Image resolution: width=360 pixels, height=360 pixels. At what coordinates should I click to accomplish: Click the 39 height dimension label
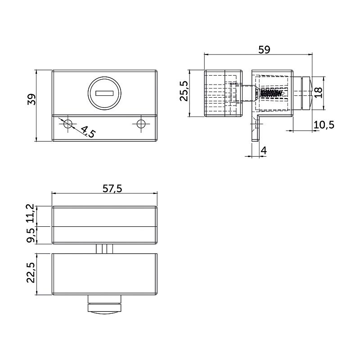tap(31, 99)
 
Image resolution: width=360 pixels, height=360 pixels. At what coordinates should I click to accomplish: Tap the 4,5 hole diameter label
tap(88, 131)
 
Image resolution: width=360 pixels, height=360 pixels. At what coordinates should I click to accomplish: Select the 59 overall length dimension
tap(264, 49)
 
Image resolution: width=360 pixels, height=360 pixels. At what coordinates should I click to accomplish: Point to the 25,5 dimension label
tap(184, 91)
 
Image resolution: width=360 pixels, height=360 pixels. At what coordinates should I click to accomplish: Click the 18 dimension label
tap(318, 93)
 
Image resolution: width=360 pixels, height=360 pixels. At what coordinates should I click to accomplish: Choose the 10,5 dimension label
tap(324, 125)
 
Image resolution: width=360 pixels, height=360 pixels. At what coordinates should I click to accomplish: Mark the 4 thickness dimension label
tap(264, 151)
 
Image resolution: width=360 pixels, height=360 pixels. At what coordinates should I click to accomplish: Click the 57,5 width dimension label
tap(112, 189)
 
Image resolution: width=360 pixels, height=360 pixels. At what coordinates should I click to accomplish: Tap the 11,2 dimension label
tap(30, 213)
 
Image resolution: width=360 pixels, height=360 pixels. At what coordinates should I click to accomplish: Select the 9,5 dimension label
tap(30, 235)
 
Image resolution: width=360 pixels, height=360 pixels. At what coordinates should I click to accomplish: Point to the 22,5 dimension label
tap(31, 273)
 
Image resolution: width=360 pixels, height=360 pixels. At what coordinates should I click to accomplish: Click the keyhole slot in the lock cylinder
tap(104, 93)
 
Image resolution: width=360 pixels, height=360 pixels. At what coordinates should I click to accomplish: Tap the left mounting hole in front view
tap(68, 124)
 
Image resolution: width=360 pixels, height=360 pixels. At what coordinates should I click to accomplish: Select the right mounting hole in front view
tap(141, 124)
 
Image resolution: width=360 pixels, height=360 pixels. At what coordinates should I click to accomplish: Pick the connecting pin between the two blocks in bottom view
tap(104, 249)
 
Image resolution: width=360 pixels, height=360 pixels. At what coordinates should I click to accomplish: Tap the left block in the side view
tap(223, 93)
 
